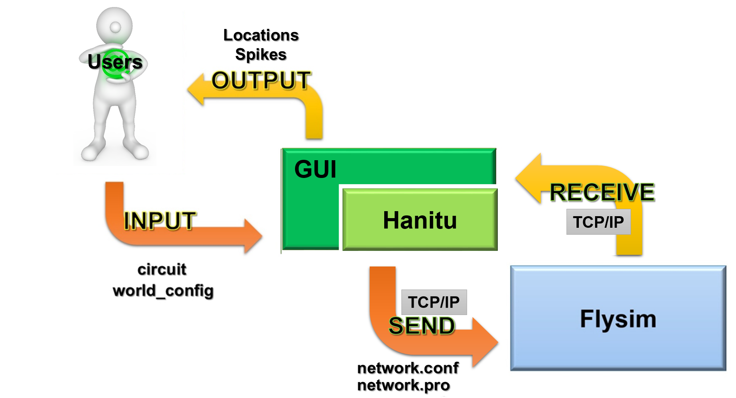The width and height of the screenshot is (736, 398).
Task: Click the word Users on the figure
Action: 115,62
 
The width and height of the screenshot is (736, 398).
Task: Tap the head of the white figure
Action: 115,26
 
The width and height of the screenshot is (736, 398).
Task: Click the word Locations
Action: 261,35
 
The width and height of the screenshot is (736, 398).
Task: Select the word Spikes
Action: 261,54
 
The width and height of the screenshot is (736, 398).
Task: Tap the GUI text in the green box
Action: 315,169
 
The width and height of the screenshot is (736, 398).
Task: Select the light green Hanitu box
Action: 420,220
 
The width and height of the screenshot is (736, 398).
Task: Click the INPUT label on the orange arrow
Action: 160,221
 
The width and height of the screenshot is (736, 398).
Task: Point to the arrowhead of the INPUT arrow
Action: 253,236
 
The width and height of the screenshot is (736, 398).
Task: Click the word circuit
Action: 162,269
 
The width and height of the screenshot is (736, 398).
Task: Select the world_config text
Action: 163,291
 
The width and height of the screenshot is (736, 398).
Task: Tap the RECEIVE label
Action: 602,192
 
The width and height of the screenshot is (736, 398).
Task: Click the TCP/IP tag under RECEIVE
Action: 598,222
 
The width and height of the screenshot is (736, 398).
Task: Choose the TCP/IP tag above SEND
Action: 434,302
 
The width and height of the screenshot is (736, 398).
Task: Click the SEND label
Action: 422,326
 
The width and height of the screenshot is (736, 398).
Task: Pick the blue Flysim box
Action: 618,318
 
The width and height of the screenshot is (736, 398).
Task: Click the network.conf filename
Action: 408,368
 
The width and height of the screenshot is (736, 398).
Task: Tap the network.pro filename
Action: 404,385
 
